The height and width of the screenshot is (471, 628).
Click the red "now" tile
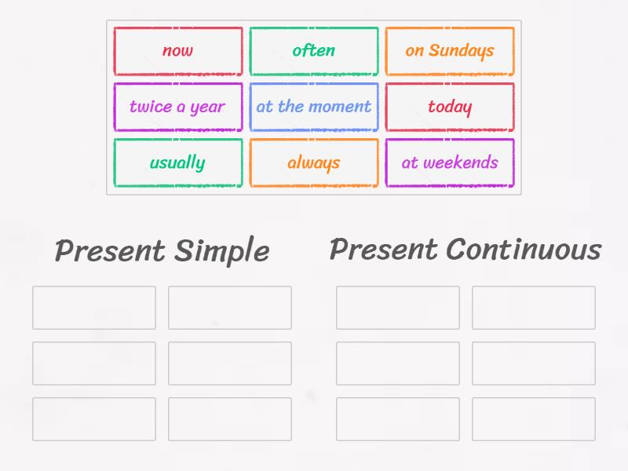point(178,51)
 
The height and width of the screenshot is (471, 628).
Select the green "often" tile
point(314,51)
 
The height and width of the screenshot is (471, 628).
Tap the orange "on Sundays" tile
point(450,51)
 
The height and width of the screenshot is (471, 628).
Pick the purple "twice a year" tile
point(178,107)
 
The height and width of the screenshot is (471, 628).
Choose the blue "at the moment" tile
point(314,107)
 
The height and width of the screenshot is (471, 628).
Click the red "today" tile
point(450,107)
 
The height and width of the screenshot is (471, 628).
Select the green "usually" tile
point(178,163)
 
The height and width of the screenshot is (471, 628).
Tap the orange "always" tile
point(314,163)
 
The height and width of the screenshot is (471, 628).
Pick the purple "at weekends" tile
point(450,163)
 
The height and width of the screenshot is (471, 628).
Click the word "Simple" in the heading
point(221,252)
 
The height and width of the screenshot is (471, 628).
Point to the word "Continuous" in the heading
point(524,250)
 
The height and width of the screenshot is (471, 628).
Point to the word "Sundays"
point(462,51)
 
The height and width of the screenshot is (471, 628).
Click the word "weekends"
point(461,163)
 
